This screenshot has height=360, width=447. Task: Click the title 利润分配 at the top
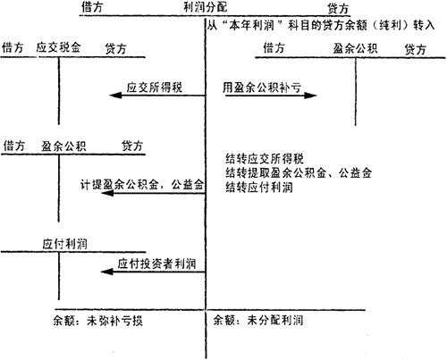click(x=205, y=7)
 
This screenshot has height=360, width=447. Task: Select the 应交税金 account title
click(x=58, y=47)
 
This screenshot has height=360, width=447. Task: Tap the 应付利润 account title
click(x=64, y=244)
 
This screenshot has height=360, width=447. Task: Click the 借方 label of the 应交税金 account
click(x=13, y=47)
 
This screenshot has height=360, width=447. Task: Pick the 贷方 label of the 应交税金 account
click(x=115, y=48)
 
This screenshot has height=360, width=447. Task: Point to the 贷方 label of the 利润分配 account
click(x=338, y=9)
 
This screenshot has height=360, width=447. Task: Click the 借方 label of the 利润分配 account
click(x=92, y=7)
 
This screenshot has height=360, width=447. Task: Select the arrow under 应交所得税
click(x=157, y=96)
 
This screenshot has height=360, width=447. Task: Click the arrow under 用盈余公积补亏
click(x=271, y=96)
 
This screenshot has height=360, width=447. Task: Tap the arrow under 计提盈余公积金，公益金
click(x=153, y=193)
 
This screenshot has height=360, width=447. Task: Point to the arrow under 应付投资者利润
click(x=153, y=272)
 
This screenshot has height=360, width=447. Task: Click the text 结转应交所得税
click(x=265, y=158)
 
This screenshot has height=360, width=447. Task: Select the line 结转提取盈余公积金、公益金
click(x=299, y=172)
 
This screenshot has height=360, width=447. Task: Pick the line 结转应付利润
click(x=259, y=188)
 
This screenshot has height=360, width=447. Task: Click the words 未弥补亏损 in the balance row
click(x=114, y=321)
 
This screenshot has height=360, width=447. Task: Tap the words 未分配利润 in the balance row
click(x=275, y=320)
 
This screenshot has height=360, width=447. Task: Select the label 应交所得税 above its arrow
click(x=155, y=88)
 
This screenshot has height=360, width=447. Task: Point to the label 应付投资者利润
click(x=156, y=264)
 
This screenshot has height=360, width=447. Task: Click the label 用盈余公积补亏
click(x=262, y=88)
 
